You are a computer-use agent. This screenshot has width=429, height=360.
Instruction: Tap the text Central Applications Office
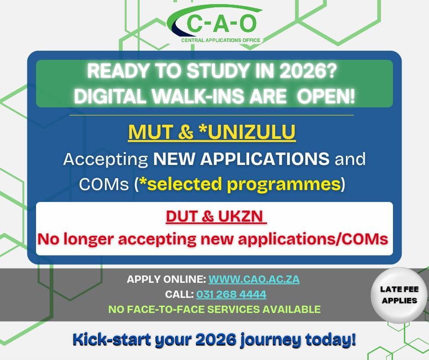pyautogui.click(x=220, y=40)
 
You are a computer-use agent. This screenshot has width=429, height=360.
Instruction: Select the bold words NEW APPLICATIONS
pyautogui.click(x=241, y=159)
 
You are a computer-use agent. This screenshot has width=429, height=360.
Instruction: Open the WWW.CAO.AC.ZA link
pyautogui.click(x=254, y=279)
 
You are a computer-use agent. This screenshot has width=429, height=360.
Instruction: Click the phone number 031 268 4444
pyautogui.click(x=231, y=294)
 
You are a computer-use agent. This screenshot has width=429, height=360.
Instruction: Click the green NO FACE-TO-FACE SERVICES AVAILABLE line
pyautogui.click(x=214, y=309)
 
